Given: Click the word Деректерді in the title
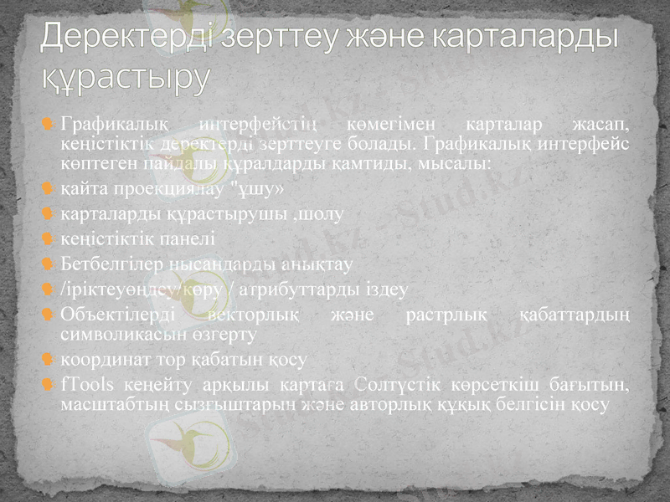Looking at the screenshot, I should (x=125, y=38).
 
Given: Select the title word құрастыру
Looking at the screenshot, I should (x=126, y=77).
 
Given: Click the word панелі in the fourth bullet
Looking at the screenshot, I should (x=184, y=238).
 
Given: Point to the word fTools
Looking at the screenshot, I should (x=85, y=385).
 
